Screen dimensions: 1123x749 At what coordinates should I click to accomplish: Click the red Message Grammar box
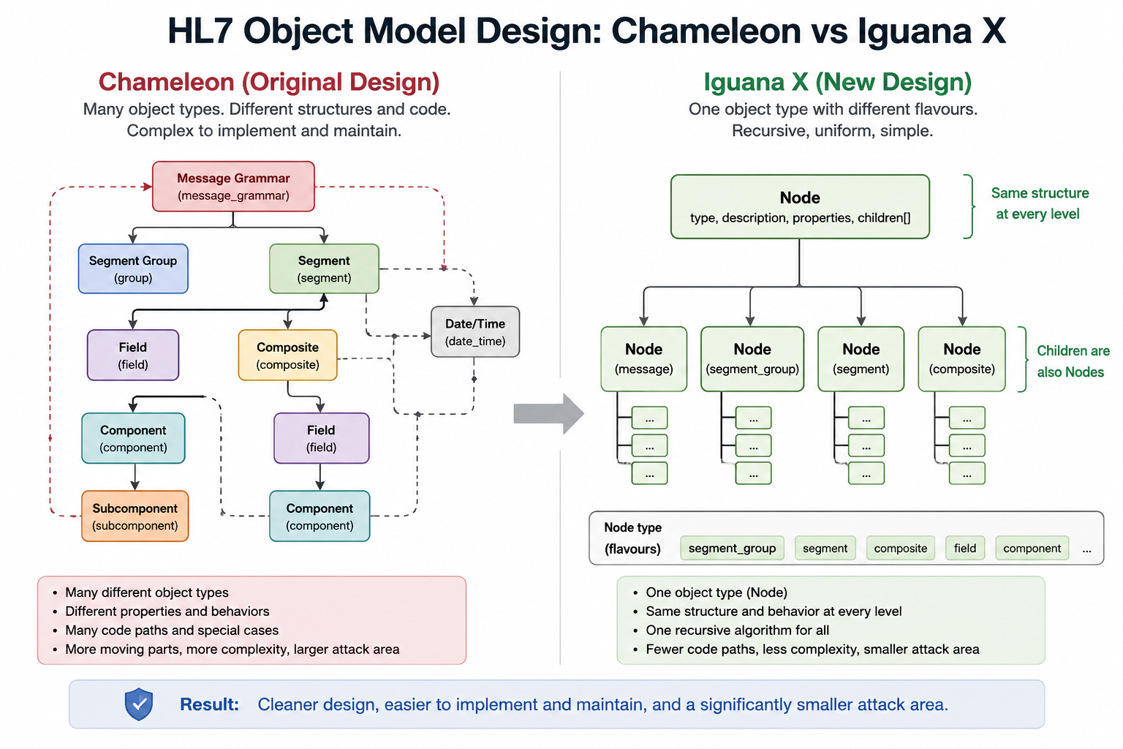(x=234, y=187)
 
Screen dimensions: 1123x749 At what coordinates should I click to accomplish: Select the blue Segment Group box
(x=133, y=269)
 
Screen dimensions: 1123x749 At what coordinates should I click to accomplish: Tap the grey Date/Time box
(x=475, y=332)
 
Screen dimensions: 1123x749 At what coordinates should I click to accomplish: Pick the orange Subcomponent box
(x=135, y=516)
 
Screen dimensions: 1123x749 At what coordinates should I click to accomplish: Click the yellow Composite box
(x=288, y=355)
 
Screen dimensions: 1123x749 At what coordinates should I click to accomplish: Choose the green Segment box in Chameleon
(x=325, y=269)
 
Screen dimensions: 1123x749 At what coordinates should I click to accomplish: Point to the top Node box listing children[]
(x=800, y=207)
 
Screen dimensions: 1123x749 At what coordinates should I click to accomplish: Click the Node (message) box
(x=643, y=359)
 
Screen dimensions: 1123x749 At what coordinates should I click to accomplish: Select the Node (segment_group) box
(x=752, y=359)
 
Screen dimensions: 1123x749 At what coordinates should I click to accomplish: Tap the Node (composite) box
(x=961, y=359)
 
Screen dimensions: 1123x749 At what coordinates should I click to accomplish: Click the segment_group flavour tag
(x=732, y=549)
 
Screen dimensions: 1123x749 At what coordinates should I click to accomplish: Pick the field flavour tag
(x=965, y=549)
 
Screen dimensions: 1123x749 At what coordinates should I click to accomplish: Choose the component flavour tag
(x=1032, y=549)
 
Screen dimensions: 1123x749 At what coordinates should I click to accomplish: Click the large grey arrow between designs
(x=548, y=414)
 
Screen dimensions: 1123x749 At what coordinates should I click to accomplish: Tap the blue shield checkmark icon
(x=139, y=704)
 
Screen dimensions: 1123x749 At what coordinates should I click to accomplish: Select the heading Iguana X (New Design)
(x=838, y=82)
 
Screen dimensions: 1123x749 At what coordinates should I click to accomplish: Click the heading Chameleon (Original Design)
(x=269, y=82)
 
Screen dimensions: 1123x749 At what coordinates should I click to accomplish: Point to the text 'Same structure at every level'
(x=1038, y=203)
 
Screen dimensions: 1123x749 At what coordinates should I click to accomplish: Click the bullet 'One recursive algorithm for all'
(x=738, y=630)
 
